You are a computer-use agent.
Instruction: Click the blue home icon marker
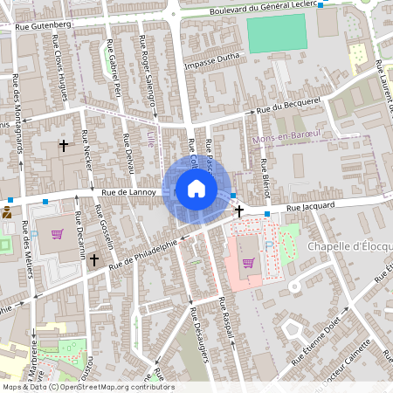(x=196, y=189)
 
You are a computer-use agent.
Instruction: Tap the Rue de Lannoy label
(x=128, y=192)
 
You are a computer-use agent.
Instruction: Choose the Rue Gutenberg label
(x=43, y=25)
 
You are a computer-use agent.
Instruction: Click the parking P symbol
(x=269, y=247)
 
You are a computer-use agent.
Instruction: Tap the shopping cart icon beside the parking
(x=248, y=262)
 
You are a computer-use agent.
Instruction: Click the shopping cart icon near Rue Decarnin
(x=57, y=234)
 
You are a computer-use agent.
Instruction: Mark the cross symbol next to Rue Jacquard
(x=238, y=211)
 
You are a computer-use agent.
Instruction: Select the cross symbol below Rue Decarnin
(x=94, y=259)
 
